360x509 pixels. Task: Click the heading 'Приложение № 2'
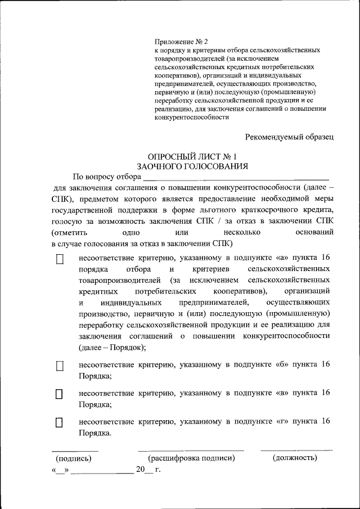point(181,42)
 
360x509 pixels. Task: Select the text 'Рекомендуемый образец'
point(290,136)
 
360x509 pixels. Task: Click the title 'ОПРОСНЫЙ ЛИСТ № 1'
point(192,157)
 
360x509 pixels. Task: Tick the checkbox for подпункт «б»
point(60,366)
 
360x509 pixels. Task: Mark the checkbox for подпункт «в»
point(60,394)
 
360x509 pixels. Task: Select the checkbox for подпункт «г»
point(60,422)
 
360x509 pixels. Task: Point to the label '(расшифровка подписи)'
point(191,458)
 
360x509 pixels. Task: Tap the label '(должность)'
point(295,458)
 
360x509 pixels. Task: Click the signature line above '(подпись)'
point(75,451)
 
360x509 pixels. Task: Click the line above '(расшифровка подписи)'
point(191,451)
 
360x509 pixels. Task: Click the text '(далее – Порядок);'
point(112,347)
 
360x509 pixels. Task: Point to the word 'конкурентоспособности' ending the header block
point(192,118)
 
